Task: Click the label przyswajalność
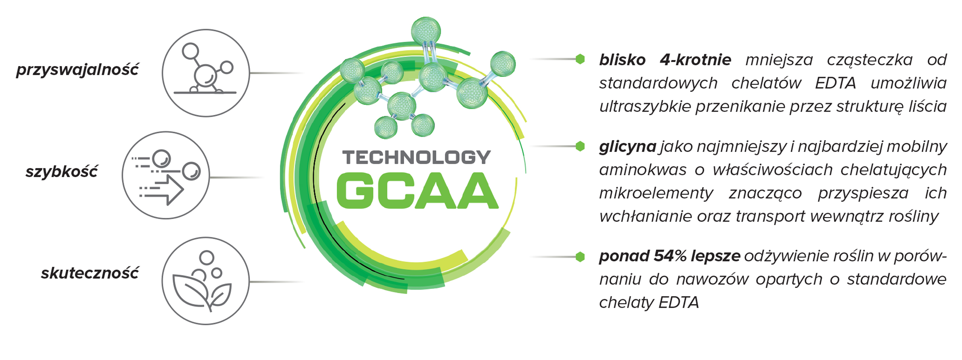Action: pos(77,70)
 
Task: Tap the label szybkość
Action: pos(61,172)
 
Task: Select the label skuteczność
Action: pos(90,273)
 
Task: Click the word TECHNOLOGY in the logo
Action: pos(417,157)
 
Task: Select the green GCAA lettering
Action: pos(417,191)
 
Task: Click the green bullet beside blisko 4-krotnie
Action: pos(580,59)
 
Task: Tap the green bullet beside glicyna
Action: pos(580,146)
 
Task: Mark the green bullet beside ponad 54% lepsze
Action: pos(580,257)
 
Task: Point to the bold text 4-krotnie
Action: pos(695,60)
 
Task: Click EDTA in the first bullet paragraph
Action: pos(836,83)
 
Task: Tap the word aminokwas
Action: pos(643,170)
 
